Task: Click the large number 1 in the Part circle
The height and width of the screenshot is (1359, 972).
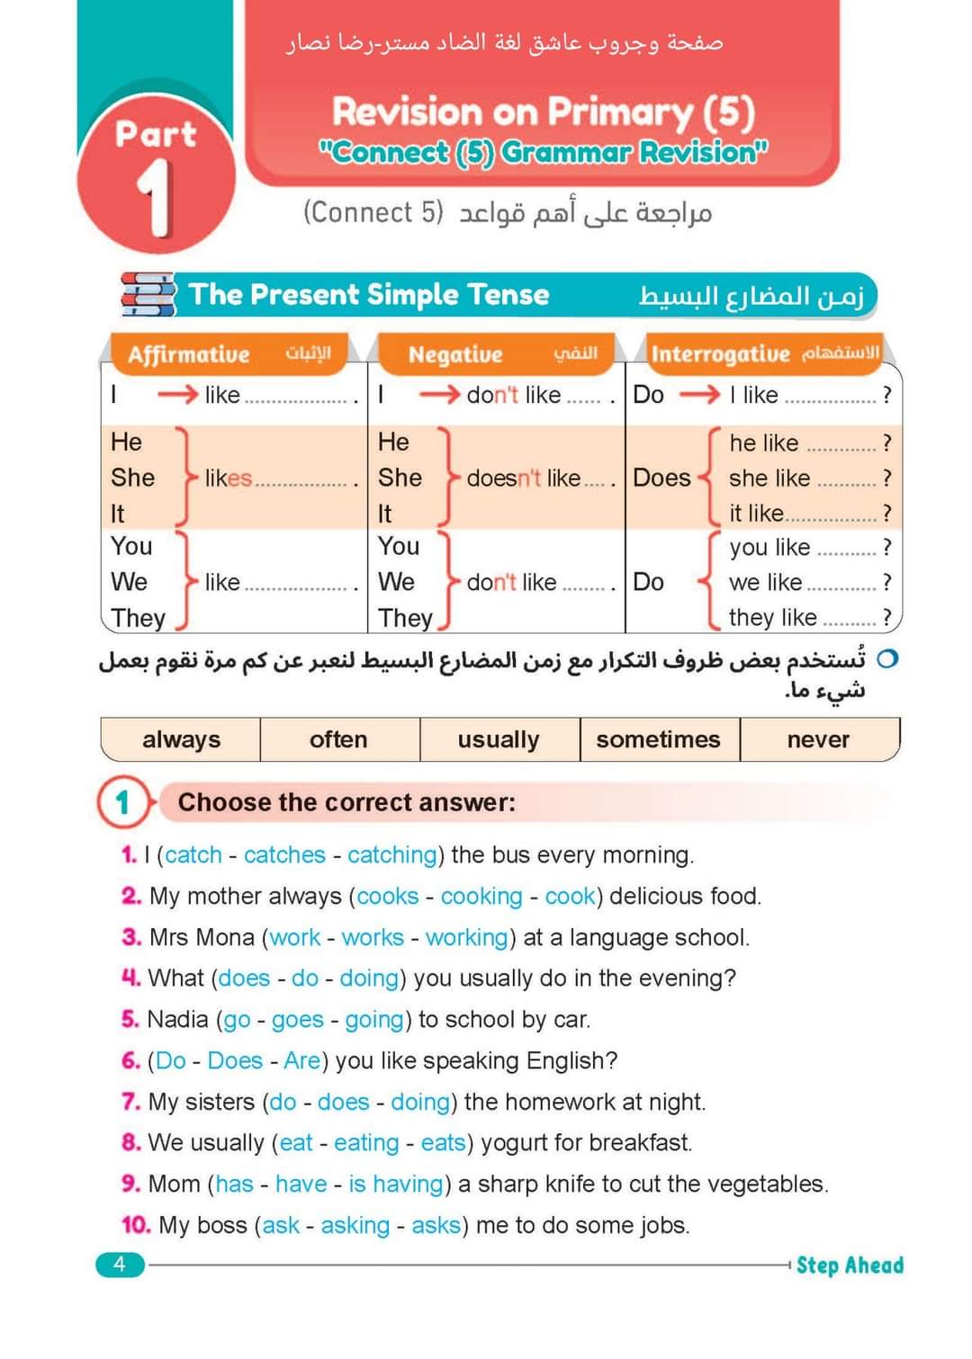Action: (x=156, y=199)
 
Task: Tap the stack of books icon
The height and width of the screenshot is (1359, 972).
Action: (x=148, y=294)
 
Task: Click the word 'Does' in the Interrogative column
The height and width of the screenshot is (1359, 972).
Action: (x=661, y=478)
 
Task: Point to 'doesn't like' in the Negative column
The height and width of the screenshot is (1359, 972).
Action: (x=524, y=478)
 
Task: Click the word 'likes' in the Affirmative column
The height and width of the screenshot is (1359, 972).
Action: (x=228, y=478)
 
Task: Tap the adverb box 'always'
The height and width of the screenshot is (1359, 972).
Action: (x=181, y=739)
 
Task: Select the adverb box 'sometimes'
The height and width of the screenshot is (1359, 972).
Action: (x=658, y=739)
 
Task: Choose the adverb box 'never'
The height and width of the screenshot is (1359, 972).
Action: (x=818, y=739)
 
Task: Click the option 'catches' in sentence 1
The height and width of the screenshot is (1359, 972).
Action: (x=284, y=854)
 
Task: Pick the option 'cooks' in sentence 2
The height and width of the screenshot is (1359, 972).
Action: (x=388, y=896)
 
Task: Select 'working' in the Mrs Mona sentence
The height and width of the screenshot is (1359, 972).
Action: (x=466, y=937)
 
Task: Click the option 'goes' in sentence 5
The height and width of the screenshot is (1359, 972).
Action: (x=297, y=1020)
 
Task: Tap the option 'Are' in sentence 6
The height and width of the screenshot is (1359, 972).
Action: (x=301, y=1060)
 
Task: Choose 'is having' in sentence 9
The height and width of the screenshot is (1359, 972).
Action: (x=396, y=1184)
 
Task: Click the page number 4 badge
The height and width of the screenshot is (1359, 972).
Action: (x=120, y=1265)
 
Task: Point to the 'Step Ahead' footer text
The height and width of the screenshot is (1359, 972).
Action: (x=850, y=1265)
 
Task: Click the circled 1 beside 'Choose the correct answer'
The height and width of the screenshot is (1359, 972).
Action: (x=123, y=801)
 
